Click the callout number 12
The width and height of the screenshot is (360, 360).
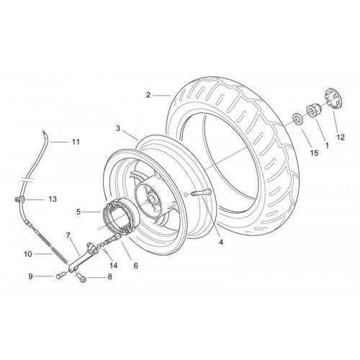(341, 137)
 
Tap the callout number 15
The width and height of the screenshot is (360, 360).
(314, 153)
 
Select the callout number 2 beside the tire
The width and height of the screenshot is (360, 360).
(148, 95)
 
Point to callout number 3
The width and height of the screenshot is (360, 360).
(118, 128)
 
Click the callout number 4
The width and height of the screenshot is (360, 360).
(221, 242)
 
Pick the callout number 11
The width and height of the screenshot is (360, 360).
(76, 142)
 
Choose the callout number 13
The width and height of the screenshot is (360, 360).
(53, 199)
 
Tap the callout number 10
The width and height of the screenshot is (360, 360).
(28, 254)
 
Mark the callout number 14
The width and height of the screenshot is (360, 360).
(114, 266)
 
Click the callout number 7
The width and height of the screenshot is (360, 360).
(68, 235)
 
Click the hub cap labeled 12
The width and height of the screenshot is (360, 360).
(335, 99)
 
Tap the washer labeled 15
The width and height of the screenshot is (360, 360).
(297, 119)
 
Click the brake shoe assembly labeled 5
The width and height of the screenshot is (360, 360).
(120, 216)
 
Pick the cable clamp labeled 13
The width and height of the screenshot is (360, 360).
(19, 199)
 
